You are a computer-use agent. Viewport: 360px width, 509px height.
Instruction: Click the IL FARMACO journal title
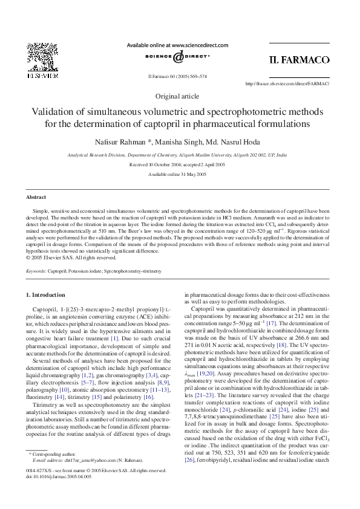tap(299, 60)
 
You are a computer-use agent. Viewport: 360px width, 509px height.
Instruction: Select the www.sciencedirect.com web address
tap(200, 45)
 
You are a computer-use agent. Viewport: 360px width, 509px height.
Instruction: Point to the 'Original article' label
tap(177, 96)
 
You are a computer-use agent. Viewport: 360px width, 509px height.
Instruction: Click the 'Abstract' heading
tap(36, 198)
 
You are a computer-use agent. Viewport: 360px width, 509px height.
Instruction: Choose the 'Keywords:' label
tap(36, 271)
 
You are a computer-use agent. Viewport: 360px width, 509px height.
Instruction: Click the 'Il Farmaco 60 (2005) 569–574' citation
tap(177, 77)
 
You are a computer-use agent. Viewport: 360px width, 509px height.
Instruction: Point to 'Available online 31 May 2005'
tap(177, 174)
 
